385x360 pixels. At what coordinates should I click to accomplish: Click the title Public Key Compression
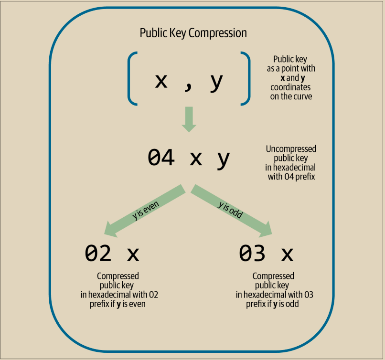[x=193, y=33]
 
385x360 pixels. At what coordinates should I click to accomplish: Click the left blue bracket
[x=131, y=78]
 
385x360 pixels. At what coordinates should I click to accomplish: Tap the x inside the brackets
[x=161, y=81]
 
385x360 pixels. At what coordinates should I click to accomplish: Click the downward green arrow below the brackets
[x=189, y=119]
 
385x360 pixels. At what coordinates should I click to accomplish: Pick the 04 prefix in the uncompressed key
[x=161, y=158]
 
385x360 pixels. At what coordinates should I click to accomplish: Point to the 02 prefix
[x=98, y=254]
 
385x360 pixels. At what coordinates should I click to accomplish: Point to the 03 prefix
[x=252, y=254]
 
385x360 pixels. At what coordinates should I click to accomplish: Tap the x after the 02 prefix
[x=133, y=254]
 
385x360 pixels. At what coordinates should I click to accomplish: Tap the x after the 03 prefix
[x=287, y=254]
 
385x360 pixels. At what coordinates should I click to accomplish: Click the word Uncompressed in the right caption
[x=291, y=149]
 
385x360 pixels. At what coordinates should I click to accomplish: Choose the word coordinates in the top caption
[x=290, y=87]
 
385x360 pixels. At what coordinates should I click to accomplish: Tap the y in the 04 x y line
[x=223, y=159]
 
